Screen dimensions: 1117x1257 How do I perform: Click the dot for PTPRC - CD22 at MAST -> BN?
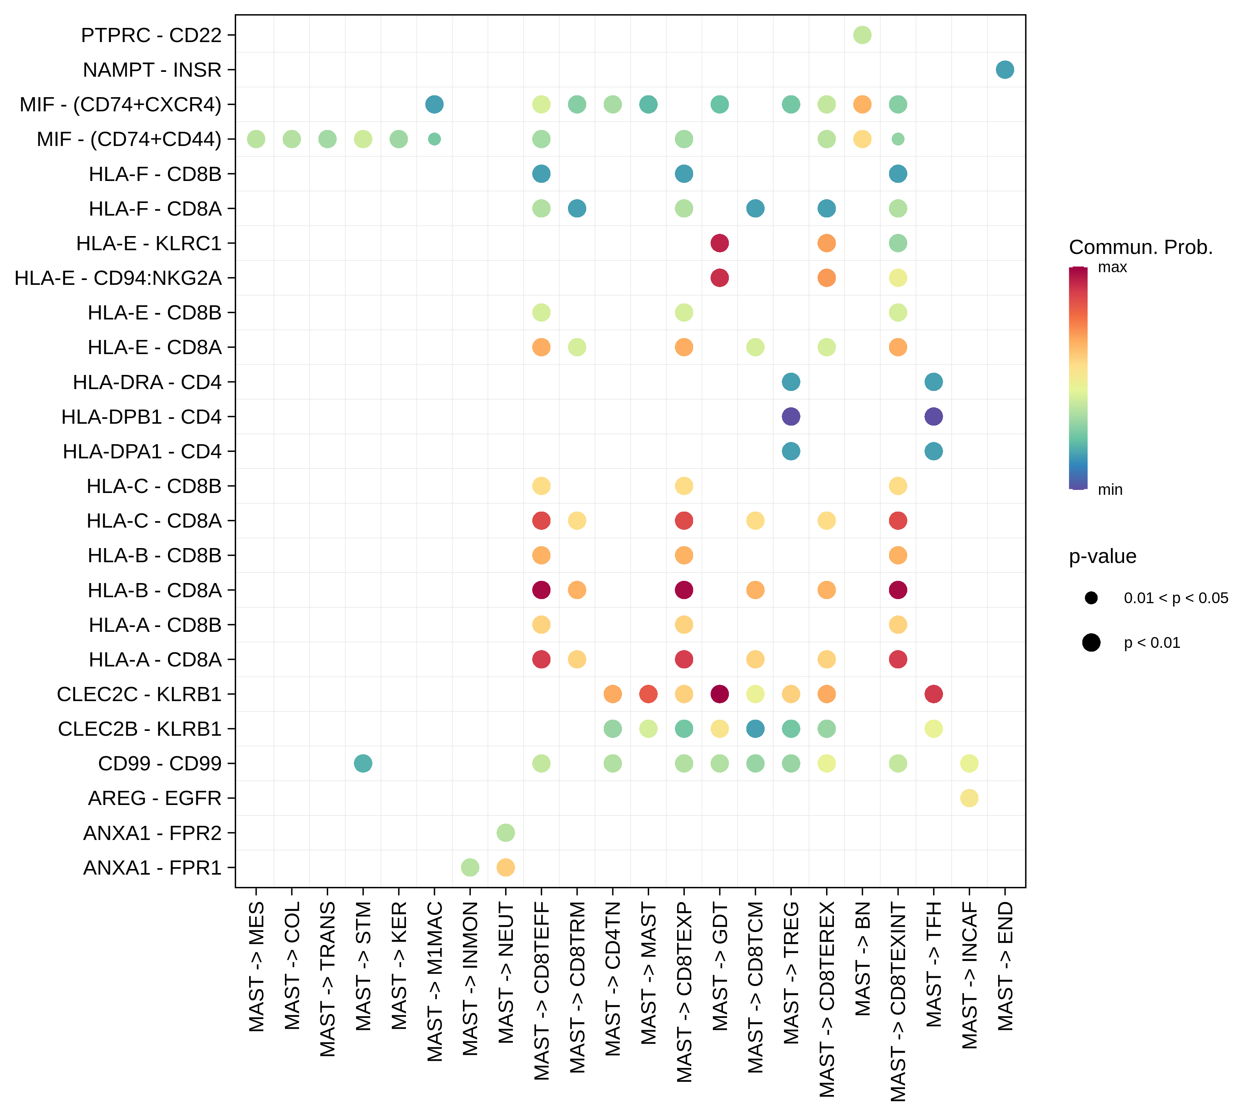(862, 35)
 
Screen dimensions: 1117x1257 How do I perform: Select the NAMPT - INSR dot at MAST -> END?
(1005, 70)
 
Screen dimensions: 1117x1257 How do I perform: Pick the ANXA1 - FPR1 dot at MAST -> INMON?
(470, 868)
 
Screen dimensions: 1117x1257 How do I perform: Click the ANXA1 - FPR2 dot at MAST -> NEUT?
(505, 833)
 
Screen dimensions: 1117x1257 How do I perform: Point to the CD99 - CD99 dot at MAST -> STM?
(363, 764)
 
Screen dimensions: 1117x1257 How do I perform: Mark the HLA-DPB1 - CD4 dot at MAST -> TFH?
(933, 417)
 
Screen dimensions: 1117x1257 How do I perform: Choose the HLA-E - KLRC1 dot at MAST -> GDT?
(720, 244)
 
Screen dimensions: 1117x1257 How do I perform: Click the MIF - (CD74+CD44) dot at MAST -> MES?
(256, 139)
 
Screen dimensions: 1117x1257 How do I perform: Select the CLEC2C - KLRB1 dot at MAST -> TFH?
(933, 694)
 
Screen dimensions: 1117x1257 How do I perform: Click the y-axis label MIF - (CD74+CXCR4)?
(121, 105)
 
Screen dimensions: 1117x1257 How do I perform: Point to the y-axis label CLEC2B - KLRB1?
(140, 729)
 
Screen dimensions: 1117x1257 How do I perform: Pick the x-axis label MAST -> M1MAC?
(434, 982)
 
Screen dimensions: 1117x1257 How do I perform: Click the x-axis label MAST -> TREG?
(791, 973)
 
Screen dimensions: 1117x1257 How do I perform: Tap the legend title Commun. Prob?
(1141, 247)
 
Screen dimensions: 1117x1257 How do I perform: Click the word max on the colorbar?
(1112, 267)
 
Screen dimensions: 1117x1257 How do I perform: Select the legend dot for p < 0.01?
(1092, 643)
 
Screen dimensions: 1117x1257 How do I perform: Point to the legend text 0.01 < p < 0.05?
(1176, 598)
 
